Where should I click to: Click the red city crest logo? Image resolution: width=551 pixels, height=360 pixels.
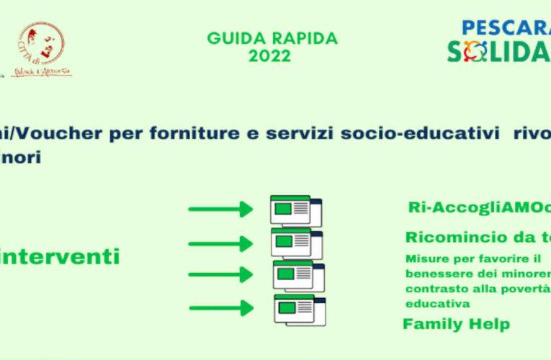pos(44,48)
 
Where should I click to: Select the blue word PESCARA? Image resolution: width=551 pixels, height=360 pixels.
pos(504,30)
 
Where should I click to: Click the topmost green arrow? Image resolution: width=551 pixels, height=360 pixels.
pos(220,210)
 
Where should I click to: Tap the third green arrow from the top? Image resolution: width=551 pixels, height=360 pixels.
pos(220,275)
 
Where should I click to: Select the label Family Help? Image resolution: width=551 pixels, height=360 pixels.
pos(456,324)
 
